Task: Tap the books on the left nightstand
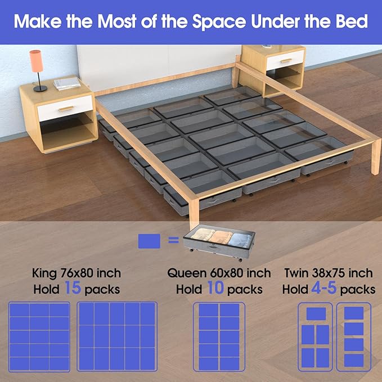click(66, 84)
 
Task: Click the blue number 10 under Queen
click(219, 289)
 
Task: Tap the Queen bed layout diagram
click(219, 336)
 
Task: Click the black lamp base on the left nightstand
click(40, 88)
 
